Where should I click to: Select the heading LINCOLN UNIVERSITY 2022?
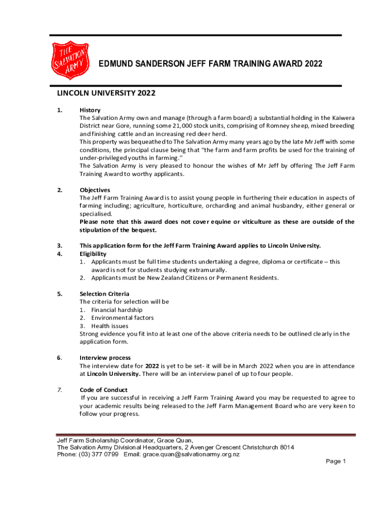point(106,93)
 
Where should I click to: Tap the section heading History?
point(90,110)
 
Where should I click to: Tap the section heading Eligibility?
point(93,254)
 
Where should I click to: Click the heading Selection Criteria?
point(104,294)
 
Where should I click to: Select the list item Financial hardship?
point(116,310)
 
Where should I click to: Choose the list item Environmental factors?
point(122,318)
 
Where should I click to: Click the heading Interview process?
point(105,358)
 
